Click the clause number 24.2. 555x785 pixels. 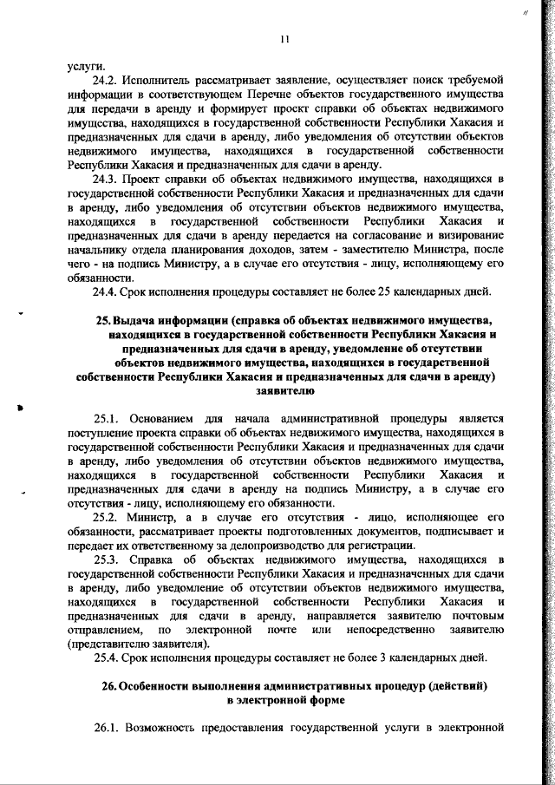click(105, 80)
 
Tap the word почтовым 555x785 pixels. click(475, 615)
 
